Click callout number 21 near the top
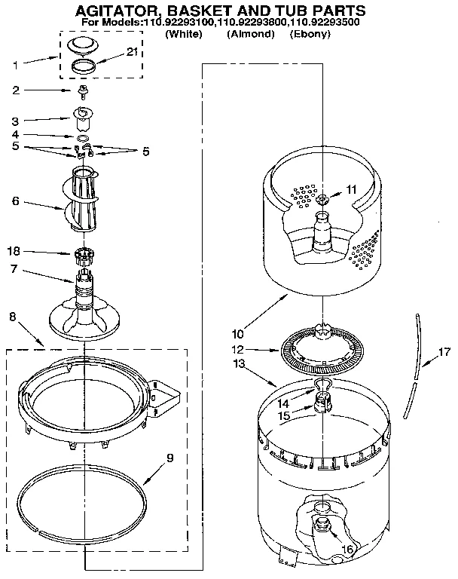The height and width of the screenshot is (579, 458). pyautogui.click(x=133, y=52)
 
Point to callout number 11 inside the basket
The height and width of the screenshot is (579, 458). pyautogui.click(x=349, y=189)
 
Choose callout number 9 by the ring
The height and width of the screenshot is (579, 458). pyautogui.click(x=171, y=457)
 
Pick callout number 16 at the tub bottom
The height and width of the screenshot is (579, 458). pyautogui.click(x=347, y=550)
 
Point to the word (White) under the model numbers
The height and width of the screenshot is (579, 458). pyautogui.click(x=183, y=35)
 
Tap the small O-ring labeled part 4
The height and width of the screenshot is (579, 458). pyautogui.click(x=82, y=137)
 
